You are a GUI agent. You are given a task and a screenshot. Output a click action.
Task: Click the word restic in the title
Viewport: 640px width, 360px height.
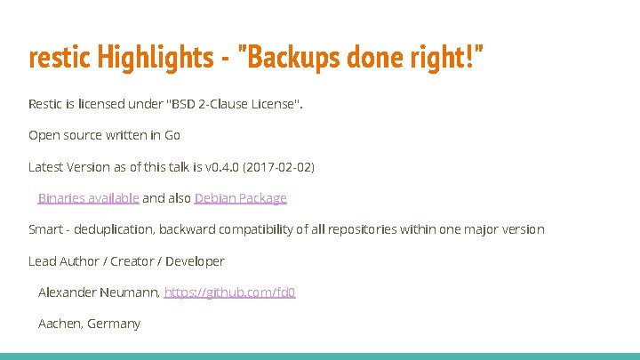click(52, 60)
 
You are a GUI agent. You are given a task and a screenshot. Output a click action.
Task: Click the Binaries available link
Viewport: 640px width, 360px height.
click(88, 198)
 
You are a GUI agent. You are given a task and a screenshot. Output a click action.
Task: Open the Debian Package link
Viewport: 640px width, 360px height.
click(240, 198)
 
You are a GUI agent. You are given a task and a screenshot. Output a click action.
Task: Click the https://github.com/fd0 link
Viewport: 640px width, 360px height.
click(229, 292)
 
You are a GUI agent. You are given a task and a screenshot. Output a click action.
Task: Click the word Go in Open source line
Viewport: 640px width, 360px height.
click(172, 135)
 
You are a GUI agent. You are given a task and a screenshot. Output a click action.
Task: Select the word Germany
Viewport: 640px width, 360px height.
click(114, 324)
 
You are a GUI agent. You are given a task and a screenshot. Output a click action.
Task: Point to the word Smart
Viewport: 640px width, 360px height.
click(45, 229)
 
